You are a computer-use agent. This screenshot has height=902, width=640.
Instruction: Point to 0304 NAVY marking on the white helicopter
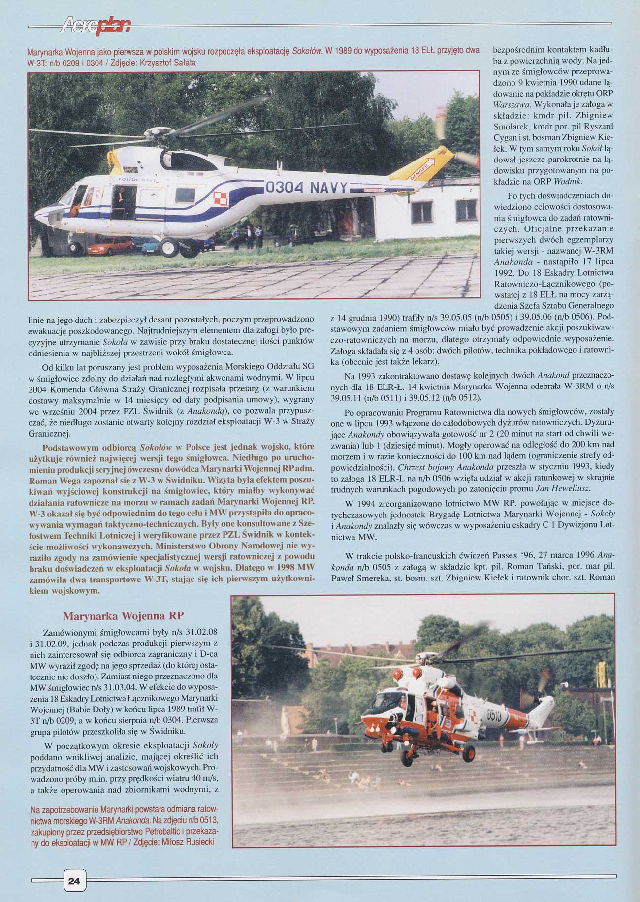coord(306,189)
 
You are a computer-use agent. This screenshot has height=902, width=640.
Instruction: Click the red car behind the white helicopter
coord(109,245)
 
